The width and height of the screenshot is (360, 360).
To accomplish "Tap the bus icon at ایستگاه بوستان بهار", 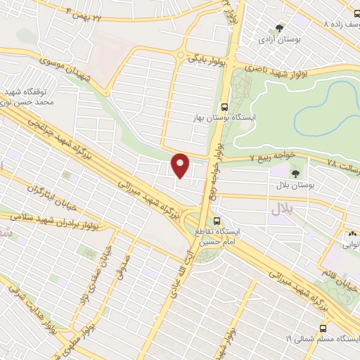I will pos(224,108).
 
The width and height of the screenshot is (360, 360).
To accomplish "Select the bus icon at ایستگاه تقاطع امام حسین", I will pos(217,220).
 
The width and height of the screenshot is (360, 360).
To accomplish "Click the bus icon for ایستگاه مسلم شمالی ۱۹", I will pos(323,328).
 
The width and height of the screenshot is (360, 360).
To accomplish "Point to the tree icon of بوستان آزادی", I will pos(280,29).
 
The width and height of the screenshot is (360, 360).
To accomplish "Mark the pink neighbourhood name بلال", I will pos(281,208).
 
